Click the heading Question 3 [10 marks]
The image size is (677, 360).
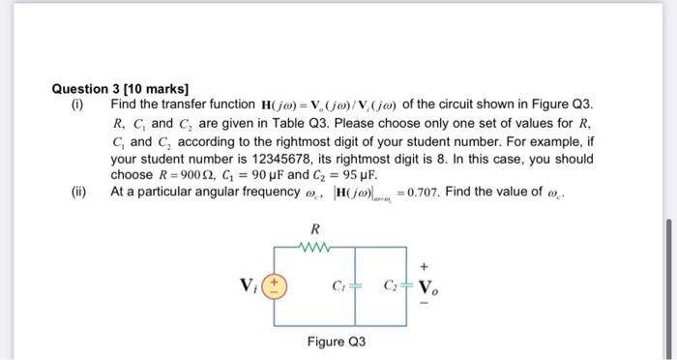click(x=121, y=88)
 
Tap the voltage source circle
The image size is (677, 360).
click(x=275, y=286)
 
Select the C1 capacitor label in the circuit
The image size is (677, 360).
click(x=338, y=286)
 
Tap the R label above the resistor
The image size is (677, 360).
click(x=313, y=229)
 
